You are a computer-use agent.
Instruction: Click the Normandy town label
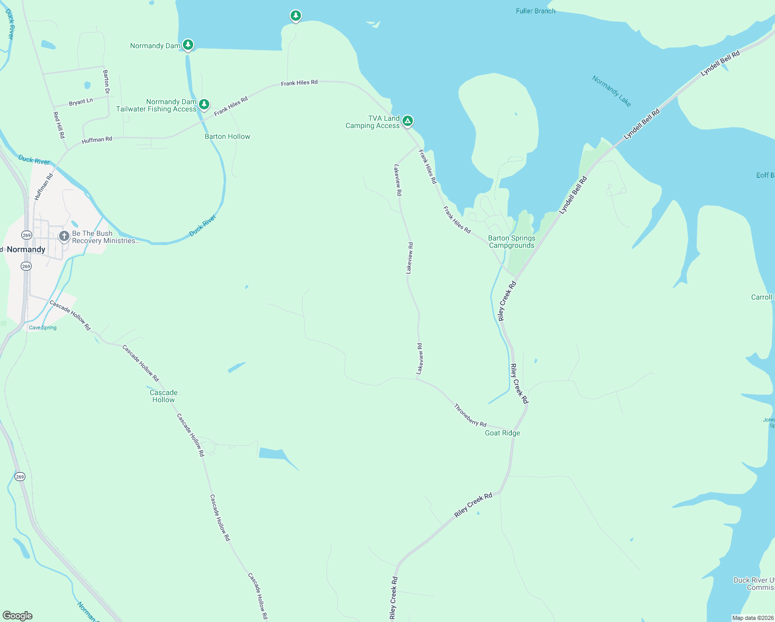26,249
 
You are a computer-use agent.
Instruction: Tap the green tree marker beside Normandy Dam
188,45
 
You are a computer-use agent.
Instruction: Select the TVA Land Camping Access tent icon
408,121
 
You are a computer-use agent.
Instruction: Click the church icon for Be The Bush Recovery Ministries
64,237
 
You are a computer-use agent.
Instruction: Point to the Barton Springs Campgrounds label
512,242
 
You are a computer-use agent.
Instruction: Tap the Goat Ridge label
502,433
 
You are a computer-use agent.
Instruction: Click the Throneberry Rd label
470,415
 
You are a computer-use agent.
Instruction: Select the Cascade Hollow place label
164,396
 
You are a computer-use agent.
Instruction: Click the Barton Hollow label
227,136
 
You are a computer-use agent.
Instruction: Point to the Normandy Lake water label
611,91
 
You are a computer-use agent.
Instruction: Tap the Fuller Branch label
536,11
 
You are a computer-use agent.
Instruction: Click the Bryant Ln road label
81,102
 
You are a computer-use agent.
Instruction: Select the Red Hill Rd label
59,124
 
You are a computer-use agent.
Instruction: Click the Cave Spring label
42,328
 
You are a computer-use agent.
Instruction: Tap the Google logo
18,616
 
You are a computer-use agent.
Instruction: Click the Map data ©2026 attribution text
753,618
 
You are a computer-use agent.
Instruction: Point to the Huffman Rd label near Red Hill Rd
97,140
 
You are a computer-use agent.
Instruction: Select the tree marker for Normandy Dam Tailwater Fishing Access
204,104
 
